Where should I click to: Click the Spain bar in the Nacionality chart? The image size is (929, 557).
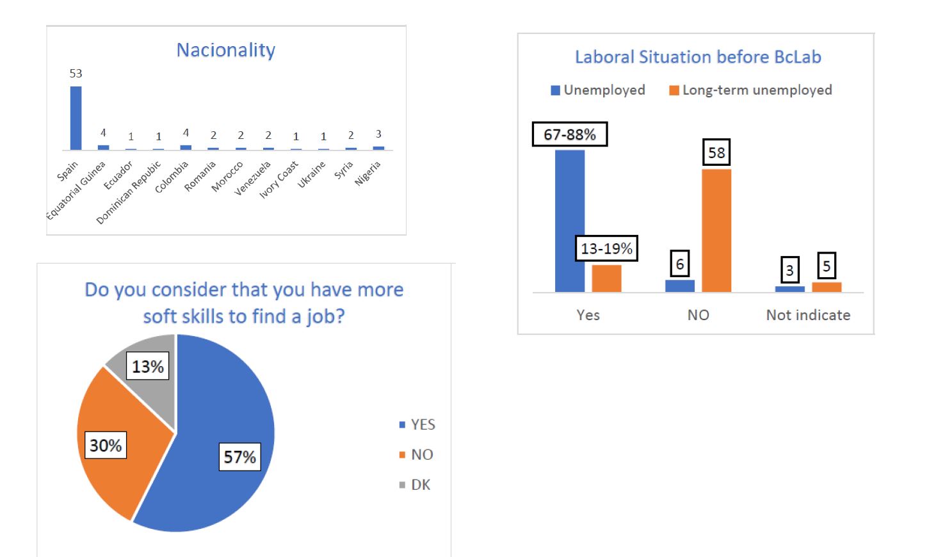point(76,118)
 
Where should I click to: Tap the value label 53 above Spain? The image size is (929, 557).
point(76,74)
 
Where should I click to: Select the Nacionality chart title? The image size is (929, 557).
point(226,50)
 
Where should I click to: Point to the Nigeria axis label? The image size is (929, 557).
point(368,173)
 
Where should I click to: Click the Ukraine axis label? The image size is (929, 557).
point(312,174)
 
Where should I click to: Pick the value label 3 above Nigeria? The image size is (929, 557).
point(378,134)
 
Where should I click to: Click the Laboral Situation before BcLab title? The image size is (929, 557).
point(698,57)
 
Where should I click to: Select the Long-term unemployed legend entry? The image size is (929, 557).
point(750,90)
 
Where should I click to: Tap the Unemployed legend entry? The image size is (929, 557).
point(598,90)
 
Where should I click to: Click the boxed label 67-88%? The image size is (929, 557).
point(570,134)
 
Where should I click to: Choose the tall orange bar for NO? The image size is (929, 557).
point(716,230)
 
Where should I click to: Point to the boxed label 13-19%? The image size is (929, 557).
point(606,248)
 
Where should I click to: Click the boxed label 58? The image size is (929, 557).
point(716,152)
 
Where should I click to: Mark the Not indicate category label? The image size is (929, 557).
point(808,315)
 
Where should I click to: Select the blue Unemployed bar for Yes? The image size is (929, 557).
point(569,221)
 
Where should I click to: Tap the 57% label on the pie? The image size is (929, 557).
point(239,457)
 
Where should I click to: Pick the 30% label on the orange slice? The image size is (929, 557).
point(106,446)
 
